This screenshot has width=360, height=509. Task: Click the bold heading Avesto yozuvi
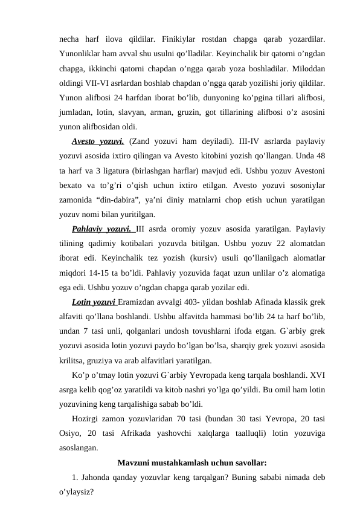[98, 143]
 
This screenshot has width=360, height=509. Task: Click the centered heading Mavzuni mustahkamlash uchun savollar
[191, 464]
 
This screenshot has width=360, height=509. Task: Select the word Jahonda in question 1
[98, 479]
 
